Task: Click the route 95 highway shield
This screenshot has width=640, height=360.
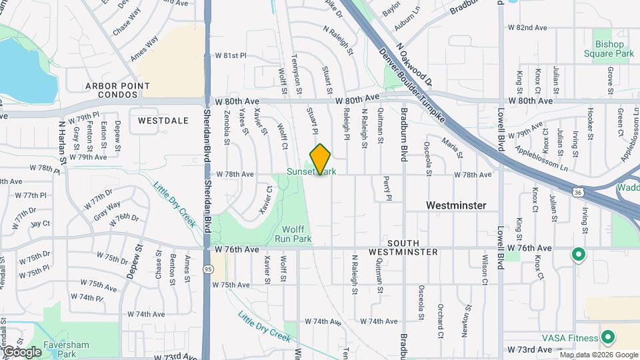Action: [208, 269]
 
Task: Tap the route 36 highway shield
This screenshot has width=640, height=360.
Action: [578, 193]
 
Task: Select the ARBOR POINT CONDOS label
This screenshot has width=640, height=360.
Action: [117, 91]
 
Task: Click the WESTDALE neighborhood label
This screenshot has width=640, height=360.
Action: [159, 121]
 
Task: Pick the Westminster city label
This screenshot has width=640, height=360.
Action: [456, 205]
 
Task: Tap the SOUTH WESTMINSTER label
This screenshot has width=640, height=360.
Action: [403, 247]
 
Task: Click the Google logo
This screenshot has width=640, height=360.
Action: [22, 352]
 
